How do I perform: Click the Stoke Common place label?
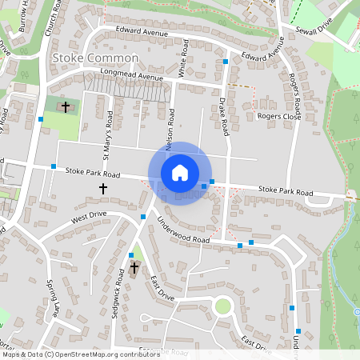point(94,58)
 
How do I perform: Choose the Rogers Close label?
point(278,116)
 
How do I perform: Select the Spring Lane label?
point(53,298)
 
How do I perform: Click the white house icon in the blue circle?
point(180,173)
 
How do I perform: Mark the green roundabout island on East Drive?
point(222,306)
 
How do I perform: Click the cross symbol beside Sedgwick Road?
point(134,267)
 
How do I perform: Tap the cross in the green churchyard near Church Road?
point(65,106)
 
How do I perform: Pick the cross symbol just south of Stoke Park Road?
point(102,188)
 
